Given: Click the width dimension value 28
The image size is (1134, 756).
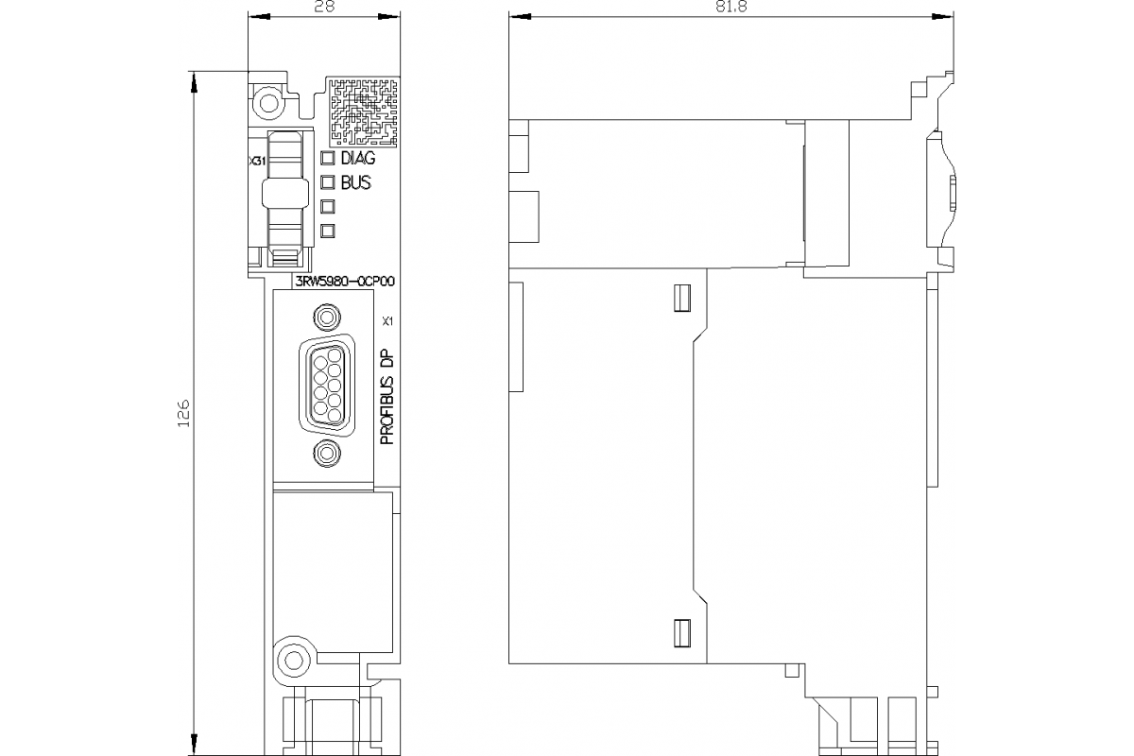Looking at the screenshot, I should point(322,6).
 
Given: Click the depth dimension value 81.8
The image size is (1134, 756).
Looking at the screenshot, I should point(729,6).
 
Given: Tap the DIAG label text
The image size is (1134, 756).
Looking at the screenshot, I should point(357,159).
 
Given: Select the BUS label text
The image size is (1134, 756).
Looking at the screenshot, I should point(355,182).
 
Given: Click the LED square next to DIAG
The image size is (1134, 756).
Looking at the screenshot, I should point(329,159).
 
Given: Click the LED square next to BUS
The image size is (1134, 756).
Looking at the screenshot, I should point(329,182).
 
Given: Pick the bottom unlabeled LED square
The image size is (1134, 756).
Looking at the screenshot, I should point(329,230).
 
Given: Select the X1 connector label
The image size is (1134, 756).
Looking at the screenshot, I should point(386,321).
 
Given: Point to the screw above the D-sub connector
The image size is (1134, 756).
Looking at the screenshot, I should point(327,317).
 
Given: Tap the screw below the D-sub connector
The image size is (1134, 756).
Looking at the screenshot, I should point(327,455).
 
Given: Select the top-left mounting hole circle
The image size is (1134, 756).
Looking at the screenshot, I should point(267,102).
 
